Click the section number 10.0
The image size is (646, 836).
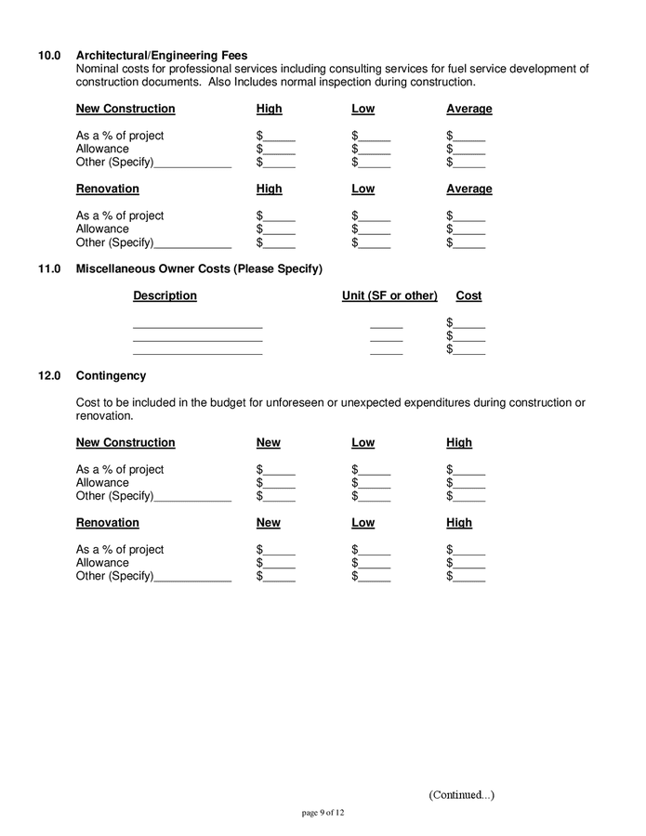48,55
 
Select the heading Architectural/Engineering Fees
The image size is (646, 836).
162,55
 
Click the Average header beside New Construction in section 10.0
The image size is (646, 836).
469,109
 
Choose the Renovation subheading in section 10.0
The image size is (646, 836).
107,189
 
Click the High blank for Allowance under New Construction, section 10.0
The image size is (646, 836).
277,150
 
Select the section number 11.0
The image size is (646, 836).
48,269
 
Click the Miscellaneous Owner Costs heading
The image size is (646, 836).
199,269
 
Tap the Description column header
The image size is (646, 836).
165,295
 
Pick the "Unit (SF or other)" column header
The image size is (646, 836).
389,295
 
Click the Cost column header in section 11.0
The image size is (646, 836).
468,295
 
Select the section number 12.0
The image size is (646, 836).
48,376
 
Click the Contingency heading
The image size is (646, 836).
111,376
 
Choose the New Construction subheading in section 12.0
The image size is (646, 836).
125,443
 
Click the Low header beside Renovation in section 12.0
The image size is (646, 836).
363,523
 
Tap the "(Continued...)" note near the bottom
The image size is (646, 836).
461,795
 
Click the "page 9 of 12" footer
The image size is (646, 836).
323,813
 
